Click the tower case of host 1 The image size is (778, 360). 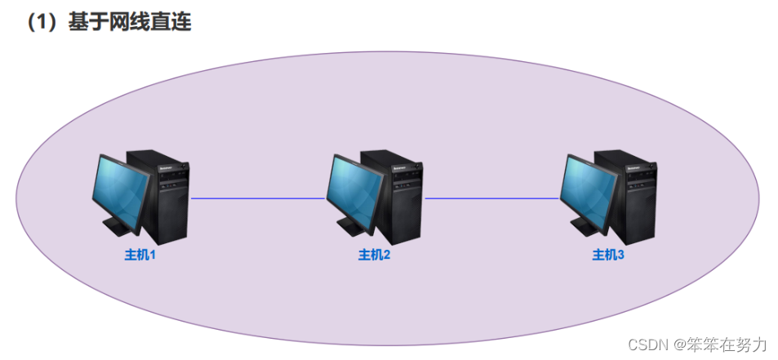pos(167,200)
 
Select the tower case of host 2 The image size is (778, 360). pos(402,200)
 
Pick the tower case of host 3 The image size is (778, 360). pos(636,200)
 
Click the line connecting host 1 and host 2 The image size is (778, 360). pos(257,198)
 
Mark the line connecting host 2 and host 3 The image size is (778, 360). pos(491,198)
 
